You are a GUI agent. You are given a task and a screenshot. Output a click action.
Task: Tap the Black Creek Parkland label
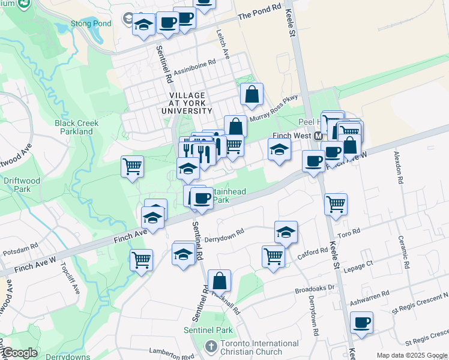pyautogui.click(x=76, y=127)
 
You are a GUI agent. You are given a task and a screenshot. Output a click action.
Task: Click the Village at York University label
pyautogui.click(x=187, y=103)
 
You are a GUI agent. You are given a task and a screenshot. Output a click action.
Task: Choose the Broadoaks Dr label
pyautogui.click(x=314, y=288)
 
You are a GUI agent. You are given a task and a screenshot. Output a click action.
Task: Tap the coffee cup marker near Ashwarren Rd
pyautogui.click(x=361, y=322)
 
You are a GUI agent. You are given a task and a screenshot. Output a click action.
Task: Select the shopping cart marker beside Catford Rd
pyautogui.click(x=274, y=256)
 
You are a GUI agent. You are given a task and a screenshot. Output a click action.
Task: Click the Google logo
pyautogui.click(x=20, y=353)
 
